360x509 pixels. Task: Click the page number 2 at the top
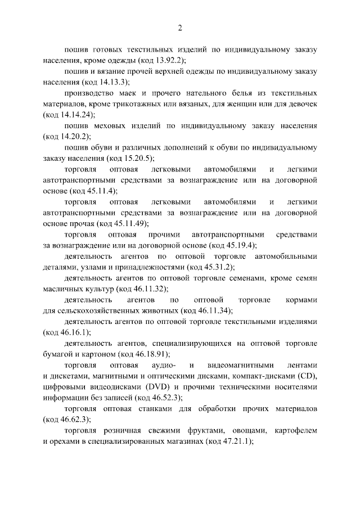[180, 28]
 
